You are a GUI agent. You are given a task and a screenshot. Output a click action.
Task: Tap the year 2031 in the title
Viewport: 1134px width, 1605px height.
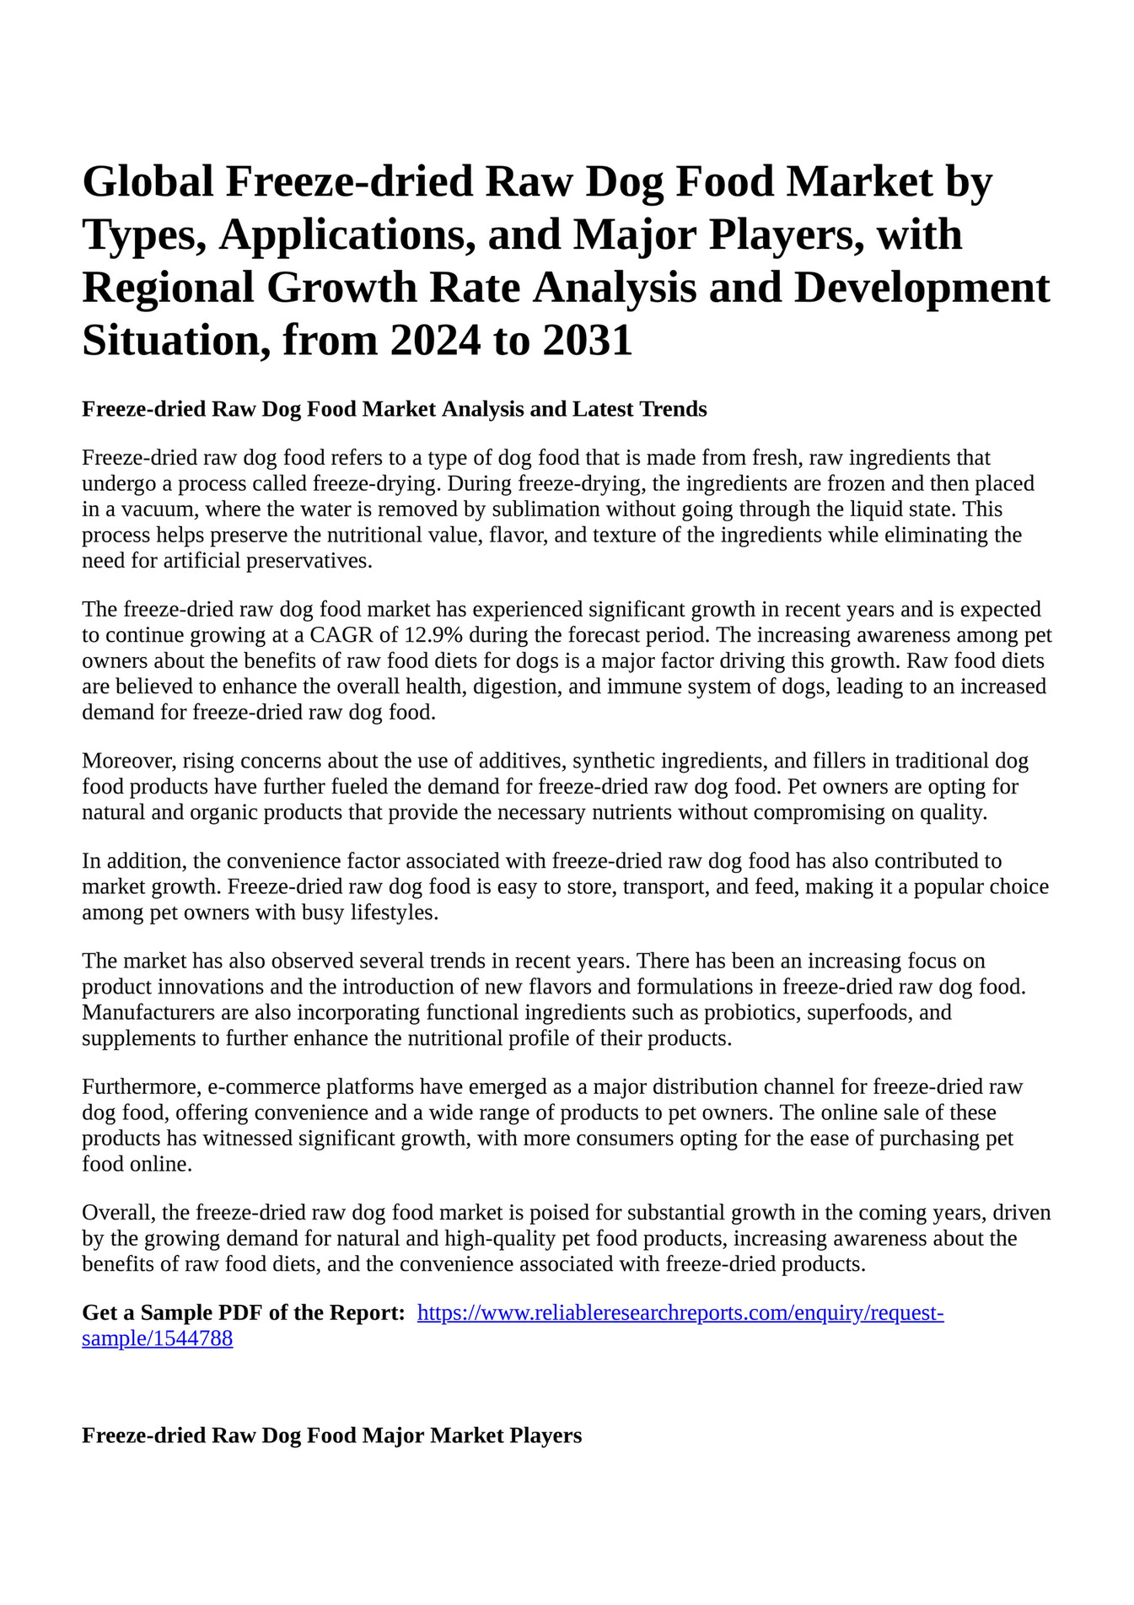588,340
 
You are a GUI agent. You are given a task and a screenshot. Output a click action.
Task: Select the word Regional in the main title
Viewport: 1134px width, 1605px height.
168,287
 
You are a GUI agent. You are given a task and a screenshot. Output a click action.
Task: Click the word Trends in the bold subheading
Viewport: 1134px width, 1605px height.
673,410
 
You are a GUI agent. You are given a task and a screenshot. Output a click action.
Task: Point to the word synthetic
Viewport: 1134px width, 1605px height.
613,761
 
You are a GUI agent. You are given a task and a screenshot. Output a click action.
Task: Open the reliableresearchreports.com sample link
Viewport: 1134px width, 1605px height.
680,1313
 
